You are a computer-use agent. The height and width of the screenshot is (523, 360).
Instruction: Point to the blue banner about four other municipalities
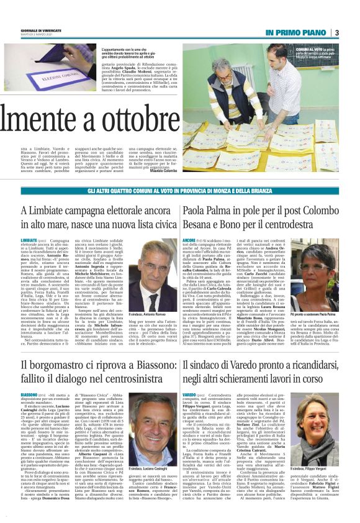[180, 193]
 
